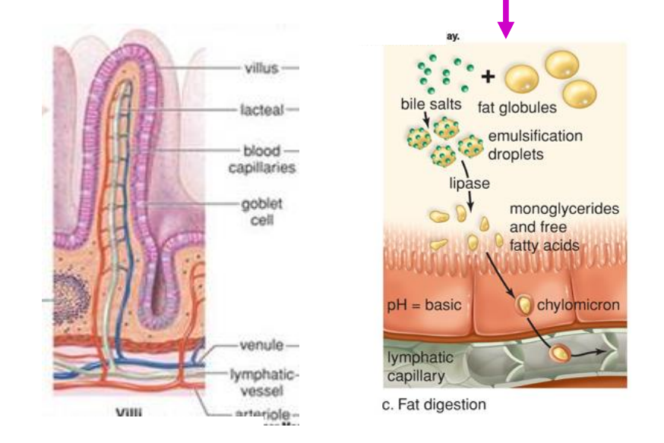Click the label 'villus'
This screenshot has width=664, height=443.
pos(261,68)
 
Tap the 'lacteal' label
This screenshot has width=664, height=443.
pos(261,110)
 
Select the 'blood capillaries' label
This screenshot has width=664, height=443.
pos(261,159)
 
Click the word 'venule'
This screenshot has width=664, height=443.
pos(261,345)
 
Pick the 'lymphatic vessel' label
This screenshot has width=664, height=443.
pos(261,383)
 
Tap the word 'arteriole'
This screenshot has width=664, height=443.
pos(261,414)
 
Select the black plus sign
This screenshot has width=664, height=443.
pos(487,77)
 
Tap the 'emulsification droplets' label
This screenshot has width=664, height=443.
pos(535,143)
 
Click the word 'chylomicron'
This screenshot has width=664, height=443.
pos(578,305)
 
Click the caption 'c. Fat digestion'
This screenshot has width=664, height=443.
pos(433,404)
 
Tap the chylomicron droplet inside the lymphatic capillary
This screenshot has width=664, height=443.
pos(560,354)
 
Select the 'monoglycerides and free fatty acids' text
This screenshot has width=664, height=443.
pos(553,227)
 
